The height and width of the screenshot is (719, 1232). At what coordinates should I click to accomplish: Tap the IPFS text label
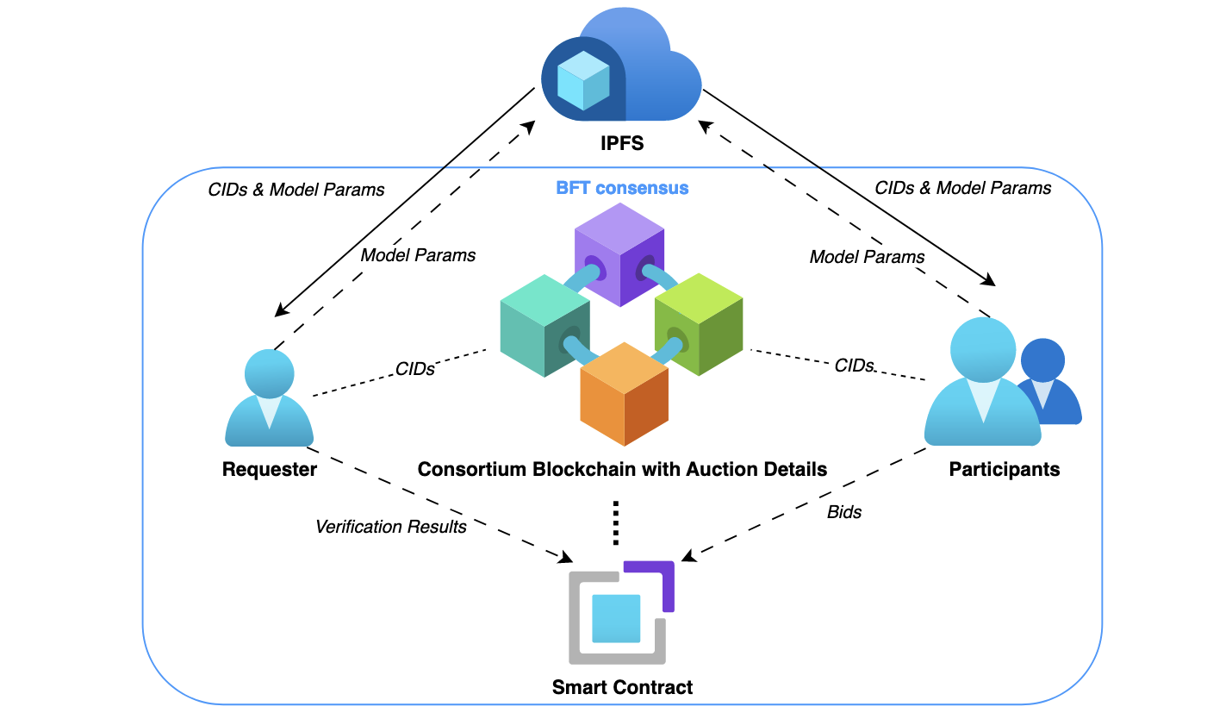621,143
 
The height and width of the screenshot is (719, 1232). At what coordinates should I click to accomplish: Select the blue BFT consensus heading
621,187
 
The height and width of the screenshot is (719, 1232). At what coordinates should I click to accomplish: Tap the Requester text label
269,470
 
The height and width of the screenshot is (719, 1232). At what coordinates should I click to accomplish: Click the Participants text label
1004,470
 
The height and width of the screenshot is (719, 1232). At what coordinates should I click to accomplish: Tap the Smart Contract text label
622,687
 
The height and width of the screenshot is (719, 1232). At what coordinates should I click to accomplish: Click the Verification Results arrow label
390,526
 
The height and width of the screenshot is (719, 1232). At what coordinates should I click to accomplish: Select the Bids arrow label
843,512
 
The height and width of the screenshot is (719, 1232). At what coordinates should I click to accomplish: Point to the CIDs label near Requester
414,369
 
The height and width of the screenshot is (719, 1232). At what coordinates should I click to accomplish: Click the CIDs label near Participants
854,366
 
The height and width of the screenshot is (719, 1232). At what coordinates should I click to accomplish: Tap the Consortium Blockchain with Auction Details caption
622,470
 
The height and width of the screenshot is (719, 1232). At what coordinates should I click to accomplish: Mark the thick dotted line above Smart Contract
616,522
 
